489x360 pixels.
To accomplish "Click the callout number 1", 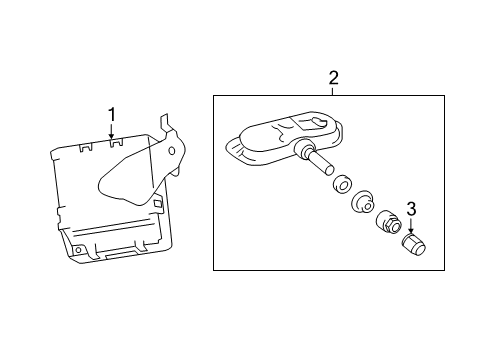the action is click(112, 115).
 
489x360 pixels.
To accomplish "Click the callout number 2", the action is click(333, 78).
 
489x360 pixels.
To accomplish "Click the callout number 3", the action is click(411, 209).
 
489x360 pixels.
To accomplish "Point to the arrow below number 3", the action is click(411, 225).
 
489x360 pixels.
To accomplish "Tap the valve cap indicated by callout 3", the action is click(414, 244).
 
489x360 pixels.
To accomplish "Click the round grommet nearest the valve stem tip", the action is click(341, 183).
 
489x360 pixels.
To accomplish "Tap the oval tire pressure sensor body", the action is click(284, 137).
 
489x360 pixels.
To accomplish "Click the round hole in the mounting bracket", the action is click(172, 151).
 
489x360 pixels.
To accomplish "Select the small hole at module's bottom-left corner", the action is click(78, 250).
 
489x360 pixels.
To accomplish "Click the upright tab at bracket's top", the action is click(165, 124).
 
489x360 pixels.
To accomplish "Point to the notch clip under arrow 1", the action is click(116, 143).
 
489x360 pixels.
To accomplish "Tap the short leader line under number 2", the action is click(333, 91).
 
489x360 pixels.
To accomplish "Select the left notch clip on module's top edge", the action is click(86, 147).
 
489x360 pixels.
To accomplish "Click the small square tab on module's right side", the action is click(157, 203).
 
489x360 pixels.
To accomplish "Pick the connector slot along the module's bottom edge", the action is click(121, 255).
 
